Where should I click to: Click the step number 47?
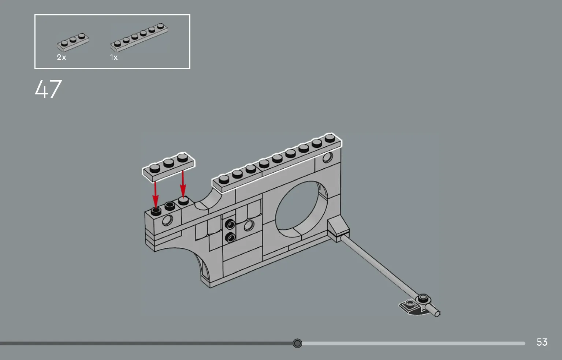(x=48, y=89)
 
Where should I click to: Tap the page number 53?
(x=542, y=342)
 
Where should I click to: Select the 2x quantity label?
(x=62, y=57)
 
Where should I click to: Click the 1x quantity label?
(x=114, y=57)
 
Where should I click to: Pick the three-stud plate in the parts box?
(x=73, y=42)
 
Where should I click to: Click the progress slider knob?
(x=297, y=343)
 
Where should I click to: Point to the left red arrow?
(x=156, y=195)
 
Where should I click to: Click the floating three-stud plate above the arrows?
(x=168, y=167)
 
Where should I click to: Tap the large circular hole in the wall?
(x=301, y=209)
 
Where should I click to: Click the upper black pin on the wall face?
(x=230, y=224)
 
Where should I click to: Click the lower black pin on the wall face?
(x=230, y=237)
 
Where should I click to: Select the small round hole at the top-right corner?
(x=327, y=158)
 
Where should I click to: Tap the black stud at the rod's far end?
(x=423, y=298)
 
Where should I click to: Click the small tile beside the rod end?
(x=409, y=305)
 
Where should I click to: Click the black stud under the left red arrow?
(x=156, y=212)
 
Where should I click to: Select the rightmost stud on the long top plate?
(x=330, y=138)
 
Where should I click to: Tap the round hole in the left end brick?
(x=167, y=220)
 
